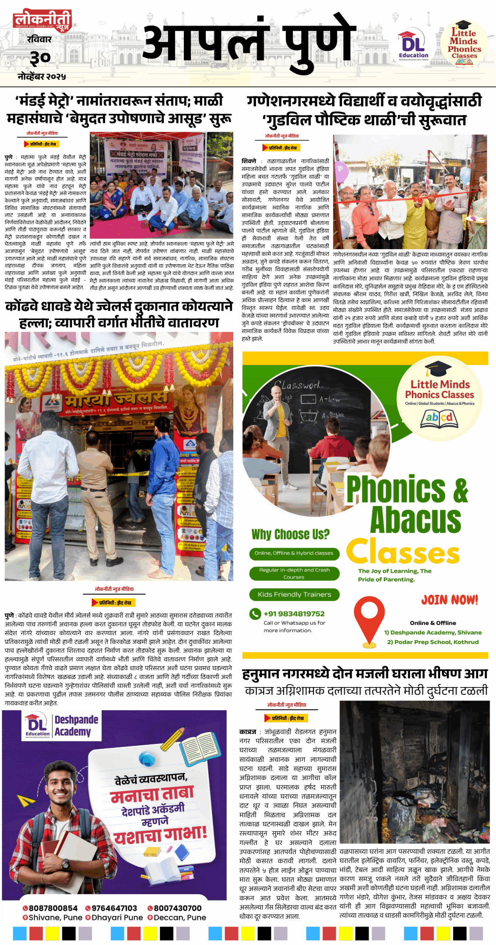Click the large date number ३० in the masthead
click(40, 58)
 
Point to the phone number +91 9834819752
click(294, 614)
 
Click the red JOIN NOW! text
click(449, 599)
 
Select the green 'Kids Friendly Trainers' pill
click(294, 594)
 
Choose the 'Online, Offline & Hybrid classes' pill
click(294, 553)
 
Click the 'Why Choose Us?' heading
click(290, 534)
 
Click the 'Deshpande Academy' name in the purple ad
click(76, 726)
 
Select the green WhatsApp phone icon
click(255, 614)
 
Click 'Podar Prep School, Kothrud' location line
click(433, 642)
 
